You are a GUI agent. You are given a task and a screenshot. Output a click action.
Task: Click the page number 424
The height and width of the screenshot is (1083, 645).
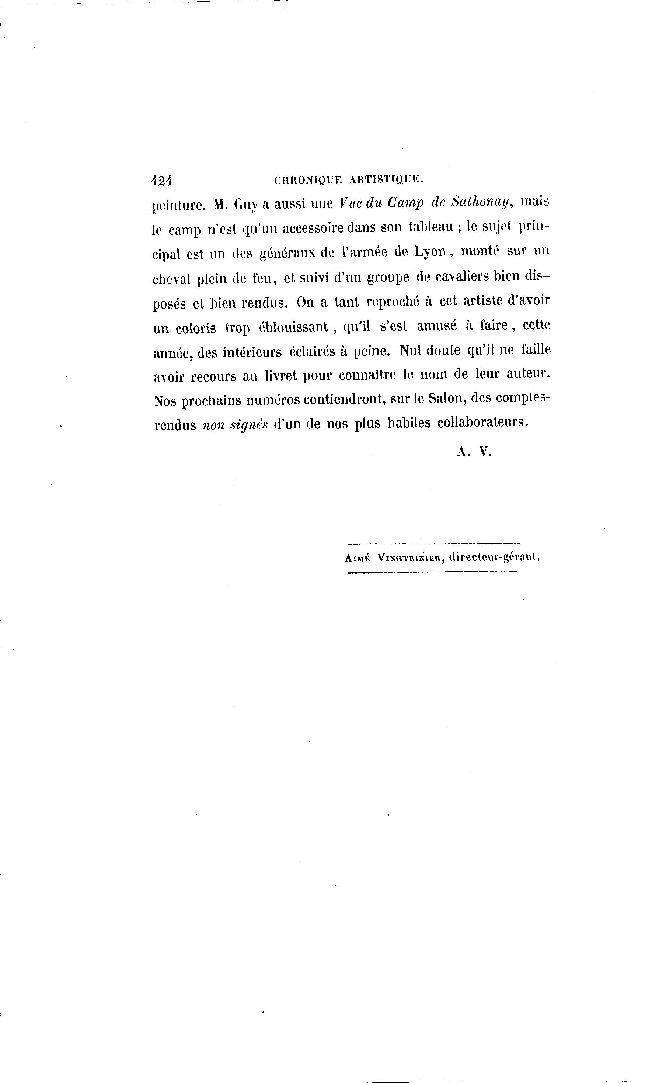[162, 180]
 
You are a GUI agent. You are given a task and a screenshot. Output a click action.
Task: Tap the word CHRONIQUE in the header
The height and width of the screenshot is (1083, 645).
[308, 180]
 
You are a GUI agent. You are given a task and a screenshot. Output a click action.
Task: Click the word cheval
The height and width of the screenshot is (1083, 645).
[171, 279]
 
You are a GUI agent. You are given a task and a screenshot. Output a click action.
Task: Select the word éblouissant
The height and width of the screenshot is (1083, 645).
[293, 327]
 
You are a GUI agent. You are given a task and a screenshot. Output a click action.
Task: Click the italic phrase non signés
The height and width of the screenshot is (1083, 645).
[235, 425]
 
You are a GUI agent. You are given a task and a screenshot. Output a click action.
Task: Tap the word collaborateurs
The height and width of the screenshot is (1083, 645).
[482, 422]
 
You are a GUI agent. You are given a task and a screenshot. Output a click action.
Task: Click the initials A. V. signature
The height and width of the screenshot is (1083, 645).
[474, 452]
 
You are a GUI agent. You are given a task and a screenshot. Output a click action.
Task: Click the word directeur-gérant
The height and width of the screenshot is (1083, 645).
[494, 557]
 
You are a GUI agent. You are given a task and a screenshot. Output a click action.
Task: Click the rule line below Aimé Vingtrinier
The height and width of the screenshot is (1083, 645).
[432, 572]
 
